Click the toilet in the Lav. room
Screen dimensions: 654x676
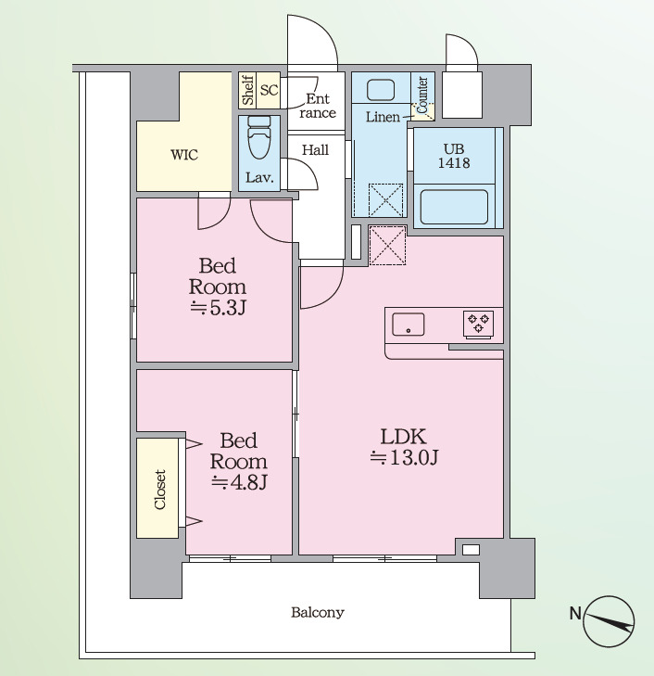tap(259, 136)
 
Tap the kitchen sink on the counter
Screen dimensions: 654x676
tap(409, 325)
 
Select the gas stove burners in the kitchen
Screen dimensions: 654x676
tap(478, 324)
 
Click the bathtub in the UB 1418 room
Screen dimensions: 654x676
tap(454, 208)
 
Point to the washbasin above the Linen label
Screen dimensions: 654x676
tap(380, 90)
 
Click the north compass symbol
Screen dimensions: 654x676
tap(608, 621)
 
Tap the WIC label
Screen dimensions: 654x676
tap(184, 155)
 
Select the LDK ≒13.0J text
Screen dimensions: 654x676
tap(404, 447)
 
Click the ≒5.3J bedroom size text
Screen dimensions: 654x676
tap(219, 308)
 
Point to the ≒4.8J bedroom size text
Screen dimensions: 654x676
tap(239, 482)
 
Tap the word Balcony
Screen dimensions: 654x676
tap(318, 612)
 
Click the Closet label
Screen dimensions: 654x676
tap(159, 490)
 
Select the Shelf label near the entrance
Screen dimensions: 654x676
tap(248, 90)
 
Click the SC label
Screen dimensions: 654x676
tap(269, 90)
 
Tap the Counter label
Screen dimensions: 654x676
tap(422, 95)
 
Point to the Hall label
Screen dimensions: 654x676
tap(315, 150)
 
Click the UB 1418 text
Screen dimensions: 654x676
tap(454, 156)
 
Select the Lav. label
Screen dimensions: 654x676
tap(259, 177)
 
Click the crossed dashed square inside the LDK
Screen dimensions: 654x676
tap(387, 245)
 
